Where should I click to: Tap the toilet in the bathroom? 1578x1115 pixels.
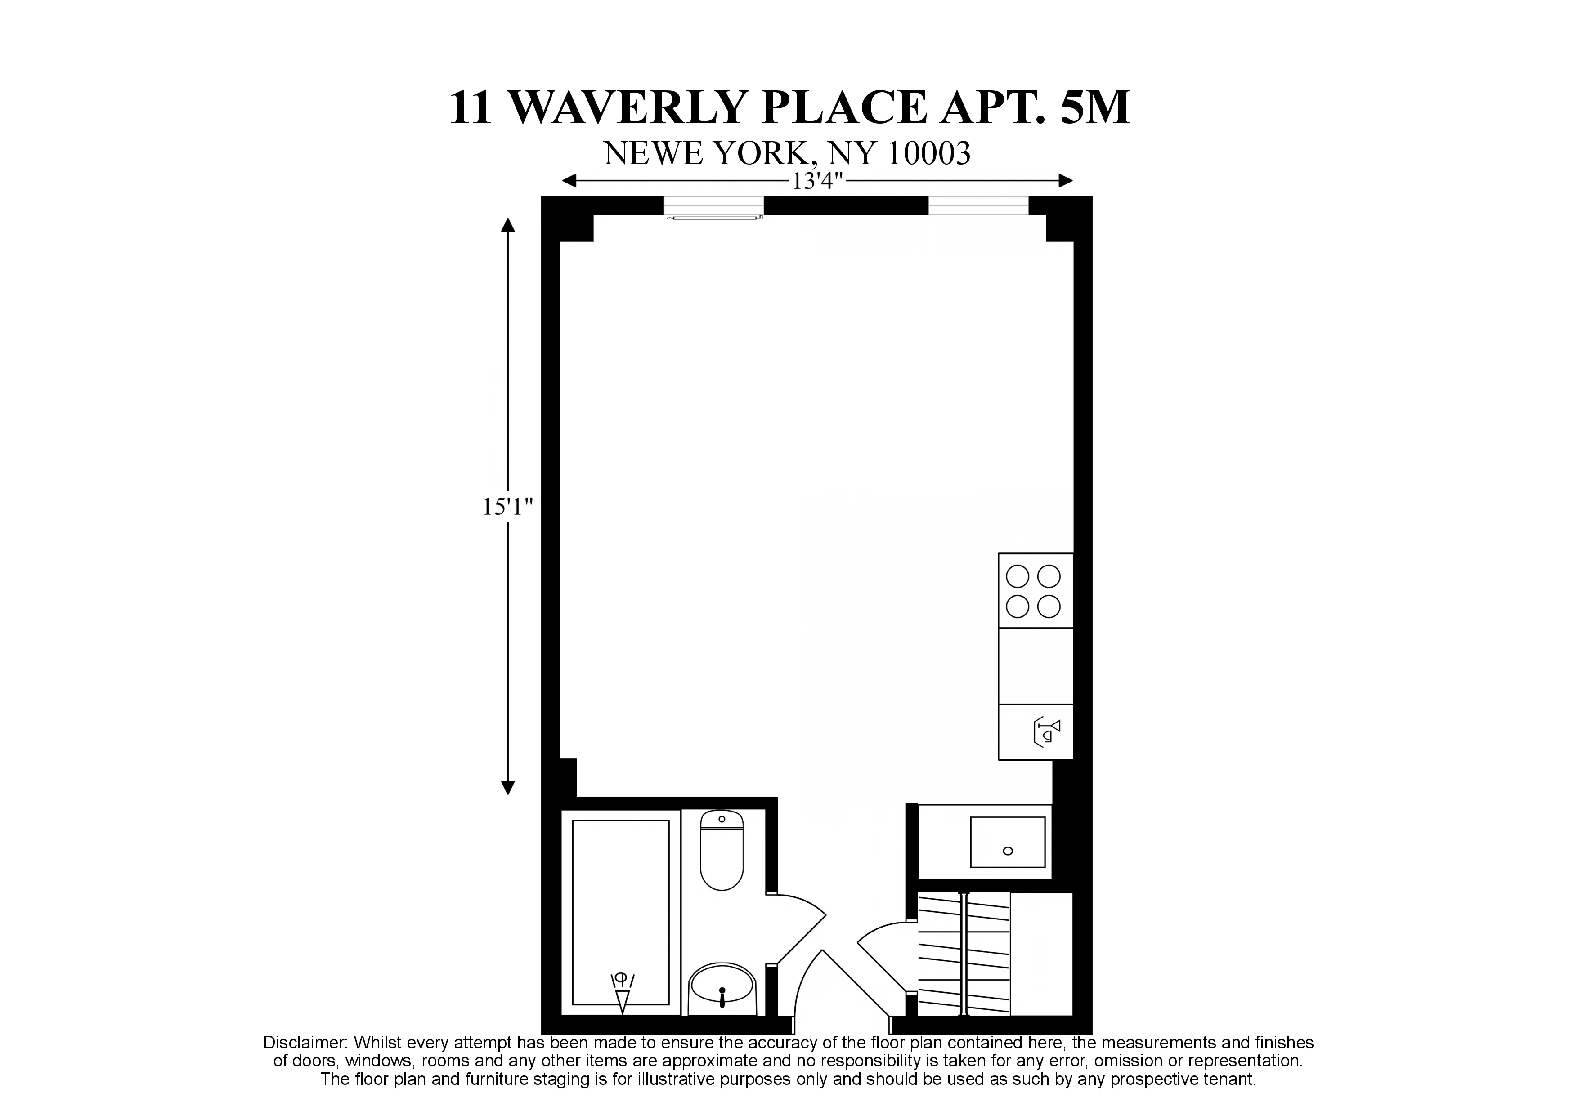point(722,851)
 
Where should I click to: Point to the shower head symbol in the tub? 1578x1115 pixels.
point(623,993)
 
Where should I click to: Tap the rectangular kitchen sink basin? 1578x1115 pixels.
point(1007,842)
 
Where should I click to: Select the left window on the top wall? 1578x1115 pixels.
point(714,205)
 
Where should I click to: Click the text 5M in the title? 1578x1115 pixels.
point(1095,108)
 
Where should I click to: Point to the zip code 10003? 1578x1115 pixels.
point(928,154)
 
